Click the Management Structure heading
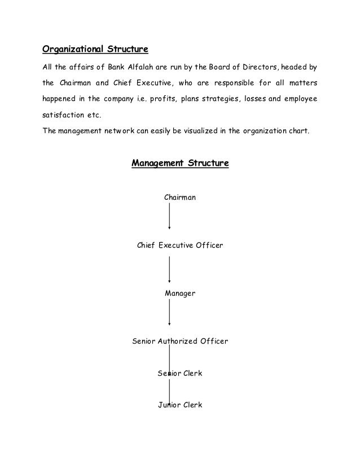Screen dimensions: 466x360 [x=180, y=164]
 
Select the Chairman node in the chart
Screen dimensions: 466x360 [x=180, y=197]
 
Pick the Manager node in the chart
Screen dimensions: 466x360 [x=180, y=293]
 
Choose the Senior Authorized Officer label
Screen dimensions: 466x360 [x=180, y=341]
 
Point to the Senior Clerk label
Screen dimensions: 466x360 [x=180, y=373]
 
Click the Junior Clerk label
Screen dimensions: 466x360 [x=180, y=405]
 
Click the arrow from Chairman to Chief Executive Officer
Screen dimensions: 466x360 [x=170, y=217]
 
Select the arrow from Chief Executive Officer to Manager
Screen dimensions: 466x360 [x=170, y=270]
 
